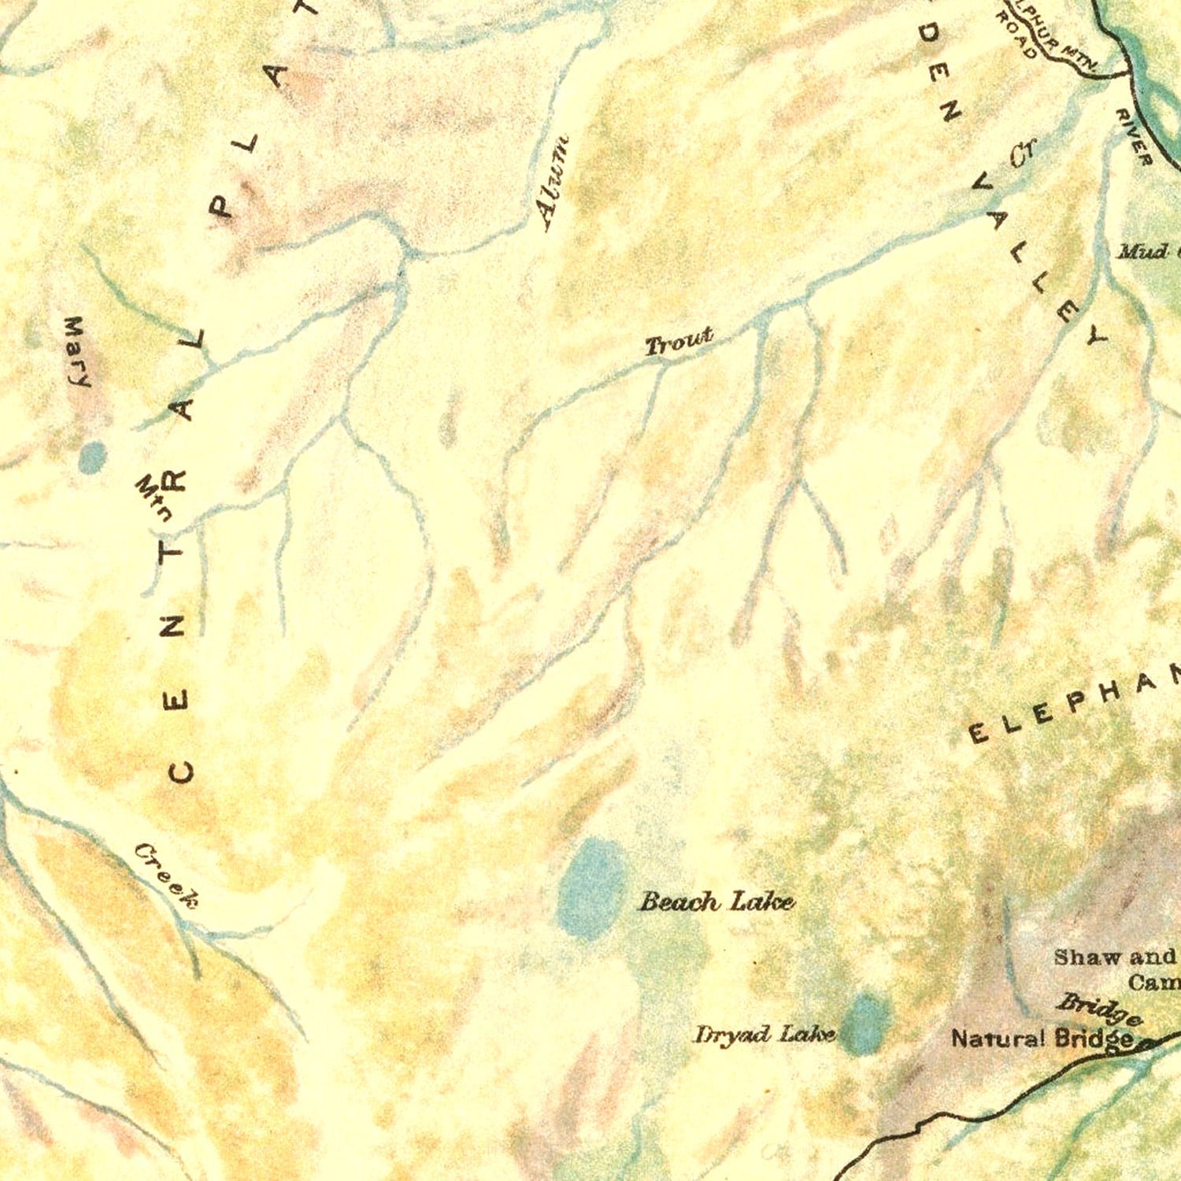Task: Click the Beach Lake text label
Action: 716,901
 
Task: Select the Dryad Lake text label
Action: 764,1034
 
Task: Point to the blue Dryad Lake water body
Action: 866,1024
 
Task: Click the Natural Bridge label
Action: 1042,1039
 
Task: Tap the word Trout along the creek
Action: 679,342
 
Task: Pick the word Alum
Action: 553,183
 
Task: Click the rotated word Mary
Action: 76,352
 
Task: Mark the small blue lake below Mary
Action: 93,457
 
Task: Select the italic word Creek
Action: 166,875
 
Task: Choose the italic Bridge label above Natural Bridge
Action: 1099,1009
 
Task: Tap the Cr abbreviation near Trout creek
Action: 1024,153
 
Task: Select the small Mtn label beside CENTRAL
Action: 155,498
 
